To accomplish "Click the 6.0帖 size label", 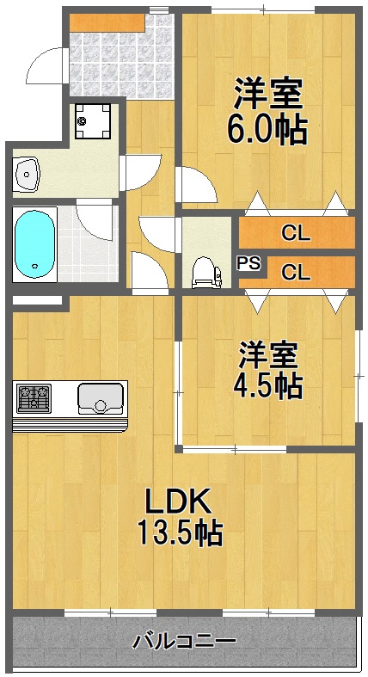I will (267, 128).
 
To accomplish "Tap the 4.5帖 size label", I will (267, 385).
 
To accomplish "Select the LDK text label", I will (177, 502).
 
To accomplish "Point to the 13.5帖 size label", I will (181, 533).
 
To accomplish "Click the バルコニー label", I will (184, 641).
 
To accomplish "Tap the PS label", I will (248, 264).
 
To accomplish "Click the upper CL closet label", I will (296, 232).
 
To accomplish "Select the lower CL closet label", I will (296, 274).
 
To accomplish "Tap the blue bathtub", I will (34, 242).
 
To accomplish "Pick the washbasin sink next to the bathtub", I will (28, 175).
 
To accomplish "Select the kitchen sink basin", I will (101, 398).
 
